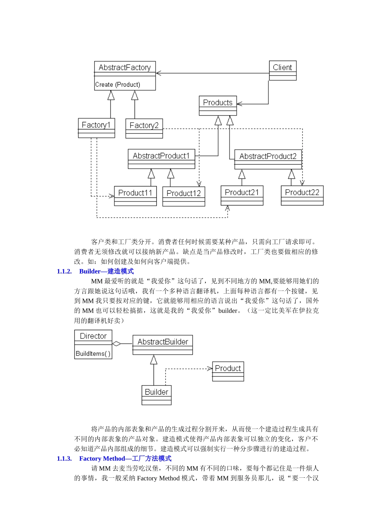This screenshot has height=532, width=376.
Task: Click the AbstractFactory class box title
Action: (x=125, y=67)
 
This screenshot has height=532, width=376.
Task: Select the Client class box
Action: (x=282, y=70)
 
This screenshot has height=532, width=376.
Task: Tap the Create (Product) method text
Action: (x=118, y=84)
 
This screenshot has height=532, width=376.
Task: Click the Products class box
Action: (x=218, y=105)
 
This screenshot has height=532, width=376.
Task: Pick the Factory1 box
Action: (x=96, y=127)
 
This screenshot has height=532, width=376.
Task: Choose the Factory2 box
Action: (x=144, y=128)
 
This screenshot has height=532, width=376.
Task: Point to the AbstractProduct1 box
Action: (x=161, y=158)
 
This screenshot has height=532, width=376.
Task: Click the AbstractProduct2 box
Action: (x=268, y=159)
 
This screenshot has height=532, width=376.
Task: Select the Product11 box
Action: (x=135, y=196)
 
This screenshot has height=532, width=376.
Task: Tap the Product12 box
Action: (x=184, y=196)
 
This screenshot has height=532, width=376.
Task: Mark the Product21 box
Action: (x=242, y=195)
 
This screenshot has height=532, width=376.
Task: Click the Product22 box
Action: (x=302, y=195)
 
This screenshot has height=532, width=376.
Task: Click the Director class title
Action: (x=93, y=336)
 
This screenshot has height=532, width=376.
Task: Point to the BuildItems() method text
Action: (x=93, y=353)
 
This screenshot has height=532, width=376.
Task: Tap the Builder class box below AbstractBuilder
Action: (x=156, y=395)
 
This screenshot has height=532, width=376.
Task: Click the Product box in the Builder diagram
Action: (x=228, y=371)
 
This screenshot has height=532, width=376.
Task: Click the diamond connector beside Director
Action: (x=117, y=344)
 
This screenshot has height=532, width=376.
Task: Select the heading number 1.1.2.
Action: (x=64, y=271)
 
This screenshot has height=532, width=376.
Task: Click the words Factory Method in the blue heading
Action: (x=102, y=458)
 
